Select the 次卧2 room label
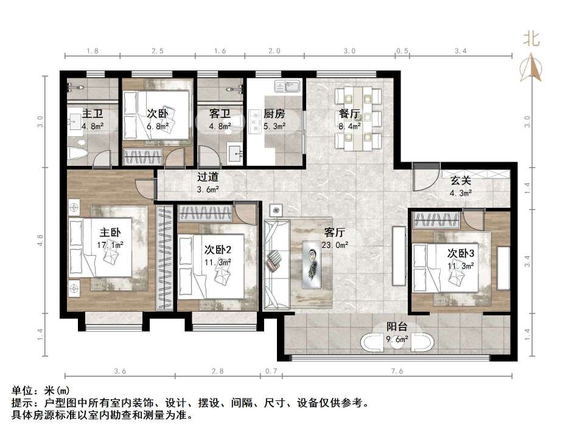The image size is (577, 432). click(x=217, y=250)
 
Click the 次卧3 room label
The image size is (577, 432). click(x=461, y=253)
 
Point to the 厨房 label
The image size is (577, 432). click(x=274, y=114)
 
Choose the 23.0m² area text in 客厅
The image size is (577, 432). click(x=335, y=245)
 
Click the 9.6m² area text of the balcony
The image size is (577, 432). click(x=397, y=340)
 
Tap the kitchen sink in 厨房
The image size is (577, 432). click(x=287, y=86)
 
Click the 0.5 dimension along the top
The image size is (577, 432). click(x=402, y=52)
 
